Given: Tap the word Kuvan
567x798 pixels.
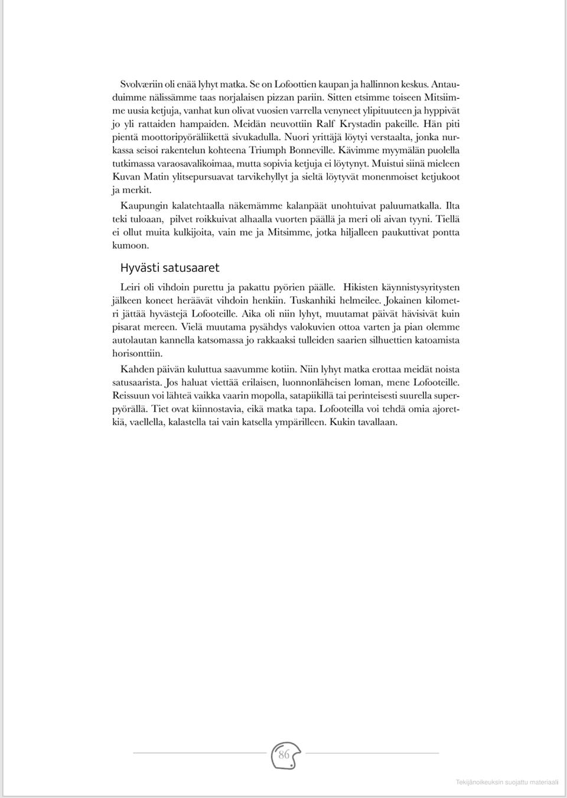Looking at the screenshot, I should pyautogui.click(x=126, y=177).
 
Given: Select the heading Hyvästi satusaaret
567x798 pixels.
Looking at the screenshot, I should pyautogui.click(x=170, y=268).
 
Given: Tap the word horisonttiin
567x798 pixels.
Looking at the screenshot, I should pyautogui.click(x=137, y=353).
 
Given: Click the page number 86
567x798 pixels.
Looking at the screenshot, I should pyautogui.click(x=284, y=755).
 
